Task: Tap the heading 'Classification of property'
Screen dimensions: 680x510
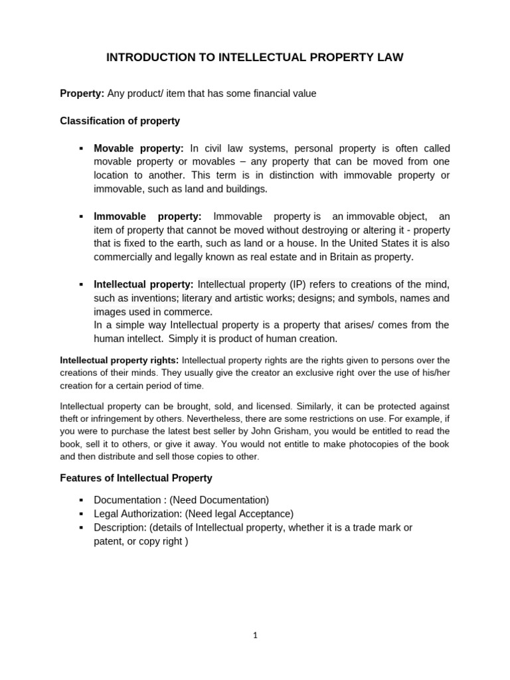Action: pyautogui.click(x=120, y=121)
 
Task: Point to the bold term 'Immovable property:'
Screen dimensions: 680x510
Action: pyautogui.click(x=147, y=216)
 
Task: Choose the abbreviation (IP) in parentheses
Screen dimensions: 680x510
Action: pyautogui.click(x=297, y=284)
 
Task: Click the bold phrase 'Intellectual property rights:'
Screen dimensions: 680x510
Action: pyautogui.click(x=120, y=360)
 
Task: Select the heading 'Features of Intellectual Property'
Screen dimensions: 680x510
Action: pyautogui.click(x=136, y=478)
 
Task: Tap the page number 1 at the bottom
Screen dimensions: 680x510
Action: pyautogui.click(x=255, y=636)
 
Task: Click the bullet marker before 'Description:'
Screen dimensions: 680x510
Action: pyautogui.click(x=81, y=527)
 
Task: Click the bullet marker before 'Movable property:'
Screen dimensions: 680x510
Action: pyautogui.click(x=81, y=149)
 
